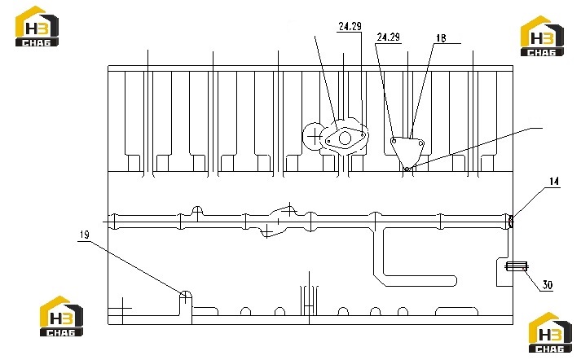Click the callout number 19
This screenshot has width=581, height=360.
pyautogui.click(x=85, y=235)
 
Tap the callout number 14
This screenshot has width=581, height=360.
pyautogui.click(x=553, y=181)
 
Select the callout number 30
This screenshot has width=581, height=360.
pyautogui.click(x=548, y=284)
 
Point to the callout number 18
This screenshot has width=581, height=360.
pyautogui.click(x=441, y=37)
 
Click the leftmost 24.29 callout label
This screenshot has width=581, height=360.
pyautogui.click(x=350, y=26)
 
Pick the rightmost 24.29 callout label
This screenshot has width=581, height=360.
pyautogui.click(x=389, y=37)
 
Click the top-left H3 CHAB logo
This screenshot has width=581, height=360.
pyautogui.click(x=37, y=26)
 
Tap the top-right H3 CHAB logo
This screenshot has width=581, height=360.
pyautogui.click(x=542, y=36)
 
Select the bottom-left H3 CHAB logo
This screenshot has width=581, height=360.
pyautogui.click(x=61, y=316)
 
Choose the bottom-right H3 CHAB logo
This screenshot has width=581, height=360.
pyautogui.click(x=550, y=332)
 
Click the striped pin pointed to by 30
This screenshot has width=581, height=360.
pyautogui.click(x=517, y=266)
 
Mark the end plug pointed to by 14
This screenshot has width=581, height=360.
pyautogui.click(x=511, y=222)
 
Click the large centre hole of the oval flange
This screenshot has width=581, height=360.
pyautogui.click(x=345, y=138)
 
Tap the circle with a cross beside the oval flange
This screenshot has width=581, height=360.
pyautogui.click(x=315, y=137)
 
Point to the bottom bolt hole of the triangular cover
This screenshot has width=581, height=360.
pyautogui.click(x=407, y=169)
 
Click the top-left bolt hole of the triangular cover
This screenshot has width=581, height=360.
pyautogui.click(x=394, y=140)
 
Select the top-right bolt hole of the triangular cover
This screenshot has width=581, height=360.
pyautogui.click(x=420, y=143)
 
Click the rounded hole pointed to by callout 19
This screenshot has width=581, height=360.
pyautogui.click(x=185, y=295)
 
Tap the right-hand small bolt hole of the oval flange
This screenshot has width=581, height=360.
pyautogui.click(x=362, y=135)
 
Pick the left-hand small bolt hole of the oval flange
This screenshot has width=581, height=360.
pyautogui.click(x=328, y=141)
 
